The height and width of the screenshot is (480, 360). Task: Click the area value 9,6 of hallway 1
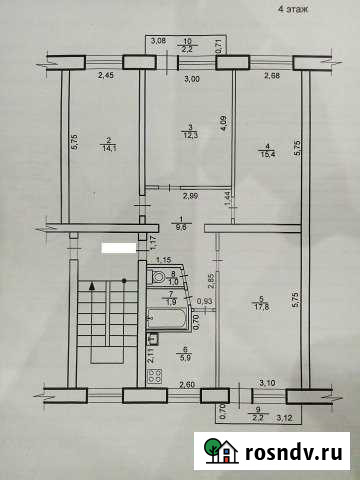coord(179,227)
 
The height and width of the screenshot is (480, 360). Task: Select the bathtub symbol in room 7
coord(165,318)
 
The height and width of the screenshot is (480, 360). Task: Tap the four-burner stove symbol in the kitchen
coord(155,377)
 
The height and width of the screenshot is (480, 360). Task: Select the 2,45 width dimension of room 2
coord(106,75)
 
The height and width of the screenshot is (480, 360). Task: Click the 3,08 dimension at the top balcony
coord(157,41)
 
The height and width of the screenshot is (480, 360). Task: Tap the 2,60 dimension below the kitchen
coord(186,386)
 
